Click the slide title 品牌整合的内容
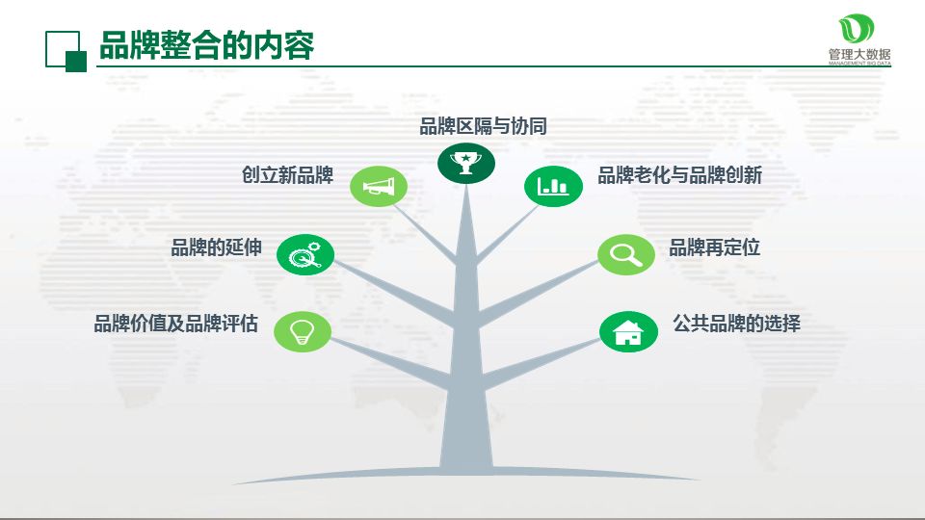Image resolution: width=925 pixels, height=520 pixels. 206,45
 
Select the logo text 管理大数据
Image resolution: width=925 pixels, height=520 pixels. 859,54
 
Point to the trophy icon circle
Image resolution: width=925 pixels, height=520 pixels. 466,161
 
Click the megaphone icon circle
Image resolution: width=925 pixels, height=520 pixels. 379,186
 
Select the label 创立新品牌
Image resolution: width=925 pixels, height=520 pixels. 287,175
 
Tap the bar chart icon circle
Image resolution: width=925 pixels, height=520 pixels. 553,186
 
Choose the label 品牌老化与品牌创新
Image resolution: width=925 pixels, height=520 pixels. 679,175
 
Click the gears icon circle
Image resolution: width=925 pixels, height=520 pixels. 305,255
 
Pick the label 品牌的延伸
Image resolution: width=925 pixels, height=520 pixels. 216,247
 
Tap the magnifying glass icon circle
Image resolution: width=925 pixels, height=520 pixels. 625,255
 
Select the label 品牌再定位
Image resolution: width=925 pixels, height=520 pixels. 714,247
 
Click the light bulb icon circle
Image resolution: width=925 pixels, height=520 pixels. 303,331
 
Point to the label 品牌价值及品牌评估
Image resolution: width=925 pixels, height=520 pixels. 175,324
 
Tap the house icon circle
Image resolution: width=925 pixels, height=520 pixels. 628,332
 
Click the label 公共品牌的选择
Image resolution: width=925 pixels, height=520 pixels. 736,324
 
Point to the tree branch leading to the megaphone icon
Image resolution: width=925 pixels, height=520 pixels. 424,231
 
